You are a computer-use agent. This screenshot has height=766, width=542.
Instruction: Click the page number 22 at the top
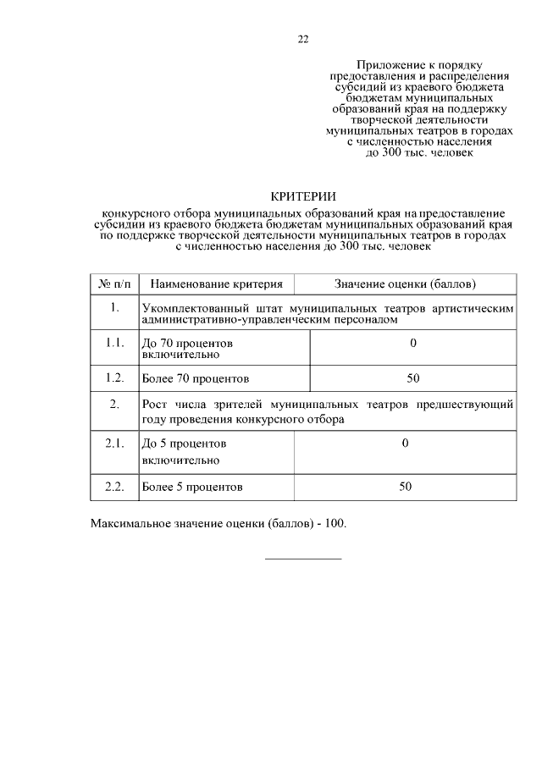click(x=302, y=39)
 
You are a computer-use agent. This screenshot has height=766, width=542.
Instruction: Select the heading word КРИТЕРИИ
click(x=302, y=196)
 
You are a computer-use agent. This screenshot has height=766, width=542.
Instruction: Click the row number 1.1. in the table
click(x=114, y=343)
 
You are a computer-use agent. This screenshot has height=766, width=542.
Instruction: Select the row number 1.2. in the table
click(x=114, y=377)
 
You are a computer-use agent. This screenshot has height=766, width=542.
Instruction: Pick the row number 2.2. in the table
click(x=114, y=487)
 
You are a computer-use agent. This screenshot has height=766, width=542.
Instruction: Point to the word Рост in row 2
click(x=155, y=405)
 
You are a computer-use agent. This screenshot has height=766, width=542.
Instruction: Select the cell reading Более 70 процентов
click(x=196, y=378)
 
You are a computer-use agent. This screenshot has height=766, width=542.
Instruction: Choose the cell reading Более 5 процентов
click(x=192, y=488)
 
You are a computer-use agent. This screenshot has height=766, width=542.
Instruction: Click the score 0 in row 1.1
click(x=413, y=343)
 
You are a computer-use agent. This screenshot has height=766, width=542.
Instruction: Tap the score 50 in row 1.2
click(x=413, y=377)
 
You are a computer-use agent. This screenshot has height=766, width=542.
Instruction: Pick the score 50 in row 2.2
click(x=405, y=487)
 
